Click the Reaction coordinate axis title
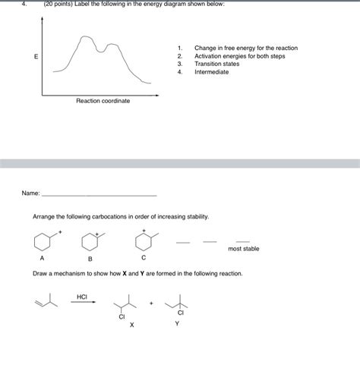[103, 101]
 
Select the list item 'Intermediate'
[211, 72]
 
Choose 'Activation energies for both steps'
[239, 56]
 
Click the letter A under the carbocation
[43, 258]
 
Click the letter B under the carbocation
[90, 259]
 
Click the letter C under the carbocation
[144, 258]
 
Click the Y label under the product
[177, 324]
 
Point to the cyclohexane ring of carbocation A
[41, 242]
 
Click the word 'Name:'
[31, 193]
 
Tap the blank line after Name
[99, 195]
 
